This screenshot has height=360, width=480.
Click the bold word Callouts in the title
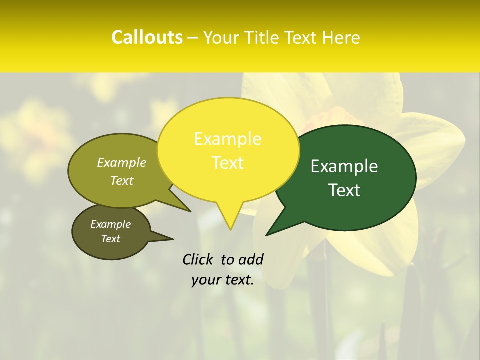click(x=147, y=37)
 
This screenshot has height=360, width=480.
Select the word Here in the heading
click(x=342, y=37)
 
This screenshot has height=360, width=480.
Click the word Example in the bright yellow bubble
click(x=227, y=139)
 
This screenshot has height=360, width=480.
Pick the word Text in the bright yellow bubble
click(x=227, y=163)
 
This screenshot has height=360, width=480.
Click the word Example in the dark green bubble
click(x=344, y=166)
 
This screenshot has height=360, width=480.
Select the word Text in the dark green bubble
click(x=344, y=190)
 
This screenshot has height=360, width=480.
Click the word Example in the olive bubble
click(x=122, y=162)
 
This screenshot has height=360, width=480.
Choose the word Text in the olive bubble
click(x=122, y=180)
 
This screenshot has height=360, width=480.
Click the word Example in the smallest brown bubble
click(x=110, y=224)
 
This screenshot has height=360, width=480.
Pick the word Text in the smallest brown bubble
click(x=110, y=239)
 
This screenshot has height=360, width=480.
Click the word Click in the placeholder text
click(x=198, y=259)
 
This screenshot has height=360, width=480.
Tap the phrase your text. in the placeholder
click(x=223, y=280)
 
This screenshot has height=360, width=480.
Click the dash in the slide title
click(x=193, y=38)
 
